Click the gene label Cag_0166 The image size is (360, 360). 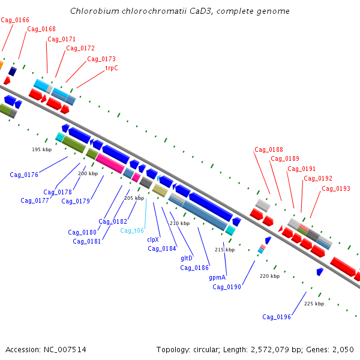click(x=15, y=20)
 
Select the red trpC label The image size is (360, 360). click(x=112, y=68)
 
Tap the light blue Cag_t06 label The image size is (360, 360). click(x=132, y=230)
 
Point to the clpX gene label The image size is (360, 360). click(x=153, y=239)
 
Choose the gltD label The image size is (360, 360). click(x=187, y=258)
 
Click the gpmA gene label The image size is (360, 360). click(x=217, y=278)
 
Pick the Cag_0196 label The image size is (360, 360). click(x=277, y=317)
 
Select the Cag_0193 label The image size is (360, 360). click(x=336, y=189)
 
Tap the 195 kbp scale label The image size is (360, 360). click(x=42, y=149)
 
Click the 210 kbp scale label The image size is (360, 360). click(x=180, y=223)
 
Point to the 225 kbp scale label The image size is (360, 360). click(x=314, y=304)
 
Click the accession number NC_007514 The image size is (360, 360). click(x=65, y=350)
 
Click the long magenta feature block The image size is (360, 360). click(x=110, y=163)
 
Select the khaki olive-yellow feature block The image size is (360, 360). click(x=160, y=190)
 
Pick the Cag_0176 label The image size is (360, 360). click(x=24, y=175)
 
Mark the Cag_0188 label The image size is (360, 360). click(x=269, y=149)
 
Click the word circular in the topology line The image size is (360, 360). click(x=206, y=350)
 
